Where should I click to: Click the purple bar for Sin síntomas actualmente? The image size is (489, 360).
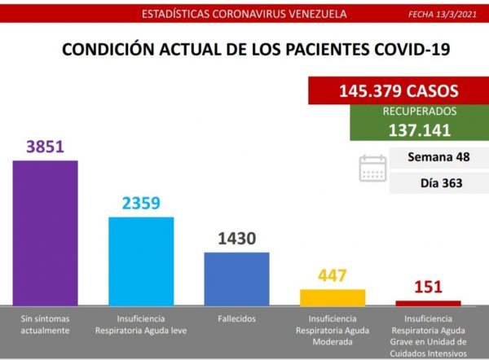(45, 232)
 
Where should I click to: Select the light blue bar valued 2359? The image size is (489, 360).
(141, 261)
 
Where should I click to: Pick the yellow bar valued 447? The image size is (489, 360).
(333, 296)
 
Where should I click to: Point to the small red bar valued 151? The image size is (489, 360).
(428, 303)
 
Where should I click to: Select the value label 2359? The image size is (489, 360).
(141, 204)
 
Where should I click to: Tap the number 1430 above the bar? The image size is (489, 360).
(236, 239)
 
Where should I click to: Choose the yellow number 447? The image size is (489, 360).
(333, 276)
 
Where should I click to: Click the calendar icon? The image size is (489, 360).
(372, 167)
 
